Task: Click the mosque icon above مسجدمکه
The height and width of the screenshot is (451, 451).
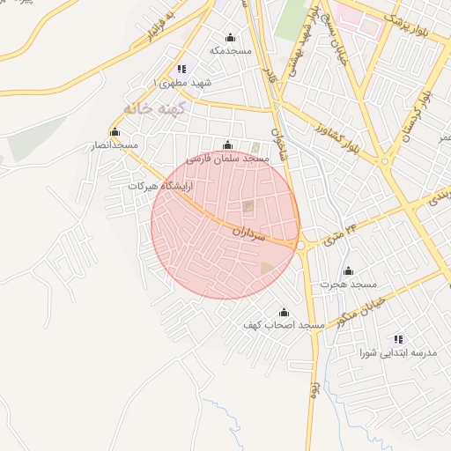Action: (x=231, y=38)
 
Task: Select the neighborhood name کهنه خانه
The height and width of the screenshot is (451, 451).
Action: (x=147, y=108)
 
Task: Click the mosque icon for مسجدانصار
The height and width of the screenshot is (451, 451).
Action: (x=114, y=132)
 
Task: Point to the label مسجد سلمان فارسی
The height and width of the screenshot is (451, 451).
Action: (x=232, y=158)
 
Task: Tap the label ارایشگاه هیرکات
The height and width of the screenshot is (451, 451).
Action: (x=159, y=187)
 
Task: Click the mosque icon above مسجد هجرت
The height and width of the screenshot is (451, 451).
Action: (x=348, y=271)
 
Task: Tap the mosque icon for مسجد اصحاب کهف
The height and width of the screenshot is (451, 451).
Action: (x=284, y=313)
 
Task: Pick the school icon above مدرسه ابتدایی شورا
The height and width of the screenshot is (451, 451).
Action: (x=399, y=339)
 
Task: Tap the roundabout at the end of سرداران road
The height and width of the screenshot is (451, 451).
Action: (x=300, y=246)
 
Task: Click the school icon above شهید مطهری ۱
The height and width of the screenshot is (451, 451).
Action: (x=181, y=69)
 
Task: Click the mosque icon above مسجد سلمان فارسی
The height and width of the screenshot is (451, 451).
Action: (x=228, y=144)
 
